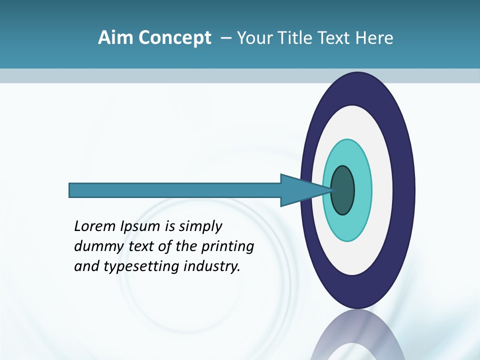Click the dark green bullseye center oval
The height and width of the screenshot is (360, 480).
(343, 190)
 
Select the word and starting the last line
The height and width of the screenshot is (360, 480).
(86, 266)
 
